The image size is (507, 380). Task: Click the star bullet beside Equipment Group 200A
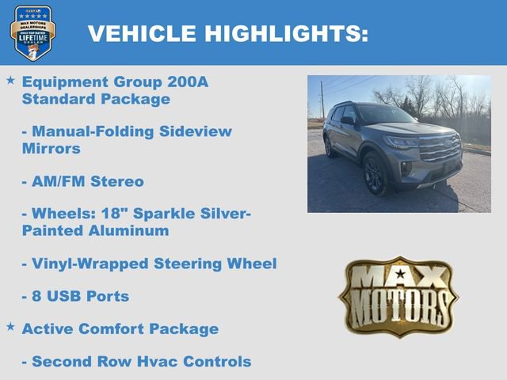click(10, 81)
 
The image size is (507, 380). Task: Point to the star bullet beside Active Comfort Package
click(10, 326)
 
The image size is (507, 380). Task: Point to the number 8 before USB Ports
click(37, 296)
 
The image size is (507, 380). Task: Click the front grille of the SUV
click(440, 149)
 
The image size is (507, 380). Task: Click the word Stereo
click(116, 181)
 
